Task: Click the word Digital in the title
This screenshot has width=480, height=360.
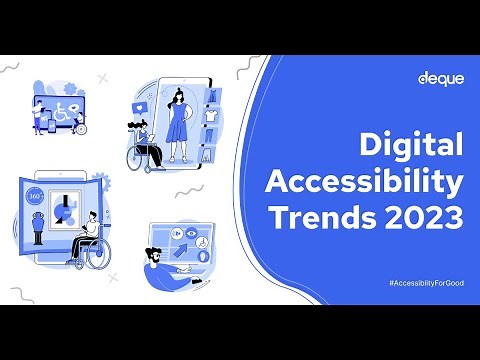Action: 412,148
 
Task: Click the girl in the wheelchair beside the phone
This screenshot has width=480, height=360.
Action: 146,145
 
